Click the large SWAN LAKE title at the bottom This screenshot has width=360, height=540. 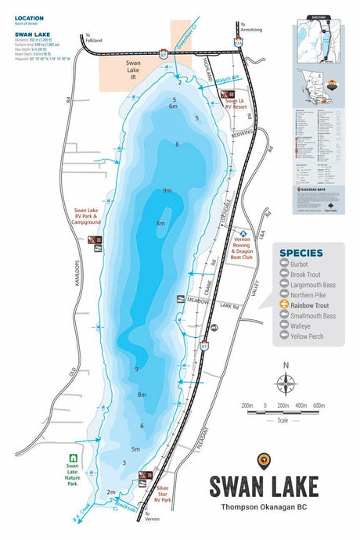(263, 486)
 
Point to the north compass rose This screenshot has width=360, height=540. (286, 383)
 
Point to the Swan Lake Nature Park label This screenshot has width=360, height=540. (72, 473)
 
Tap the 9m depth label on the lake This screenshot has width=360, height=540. (167, 191)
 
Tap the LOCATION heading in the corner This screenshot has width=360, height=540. (29, 18)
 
